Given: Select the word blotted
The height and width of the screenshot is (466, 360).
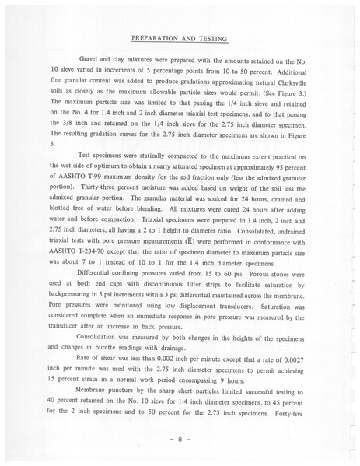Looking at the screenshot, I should (x=63, y=219).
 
